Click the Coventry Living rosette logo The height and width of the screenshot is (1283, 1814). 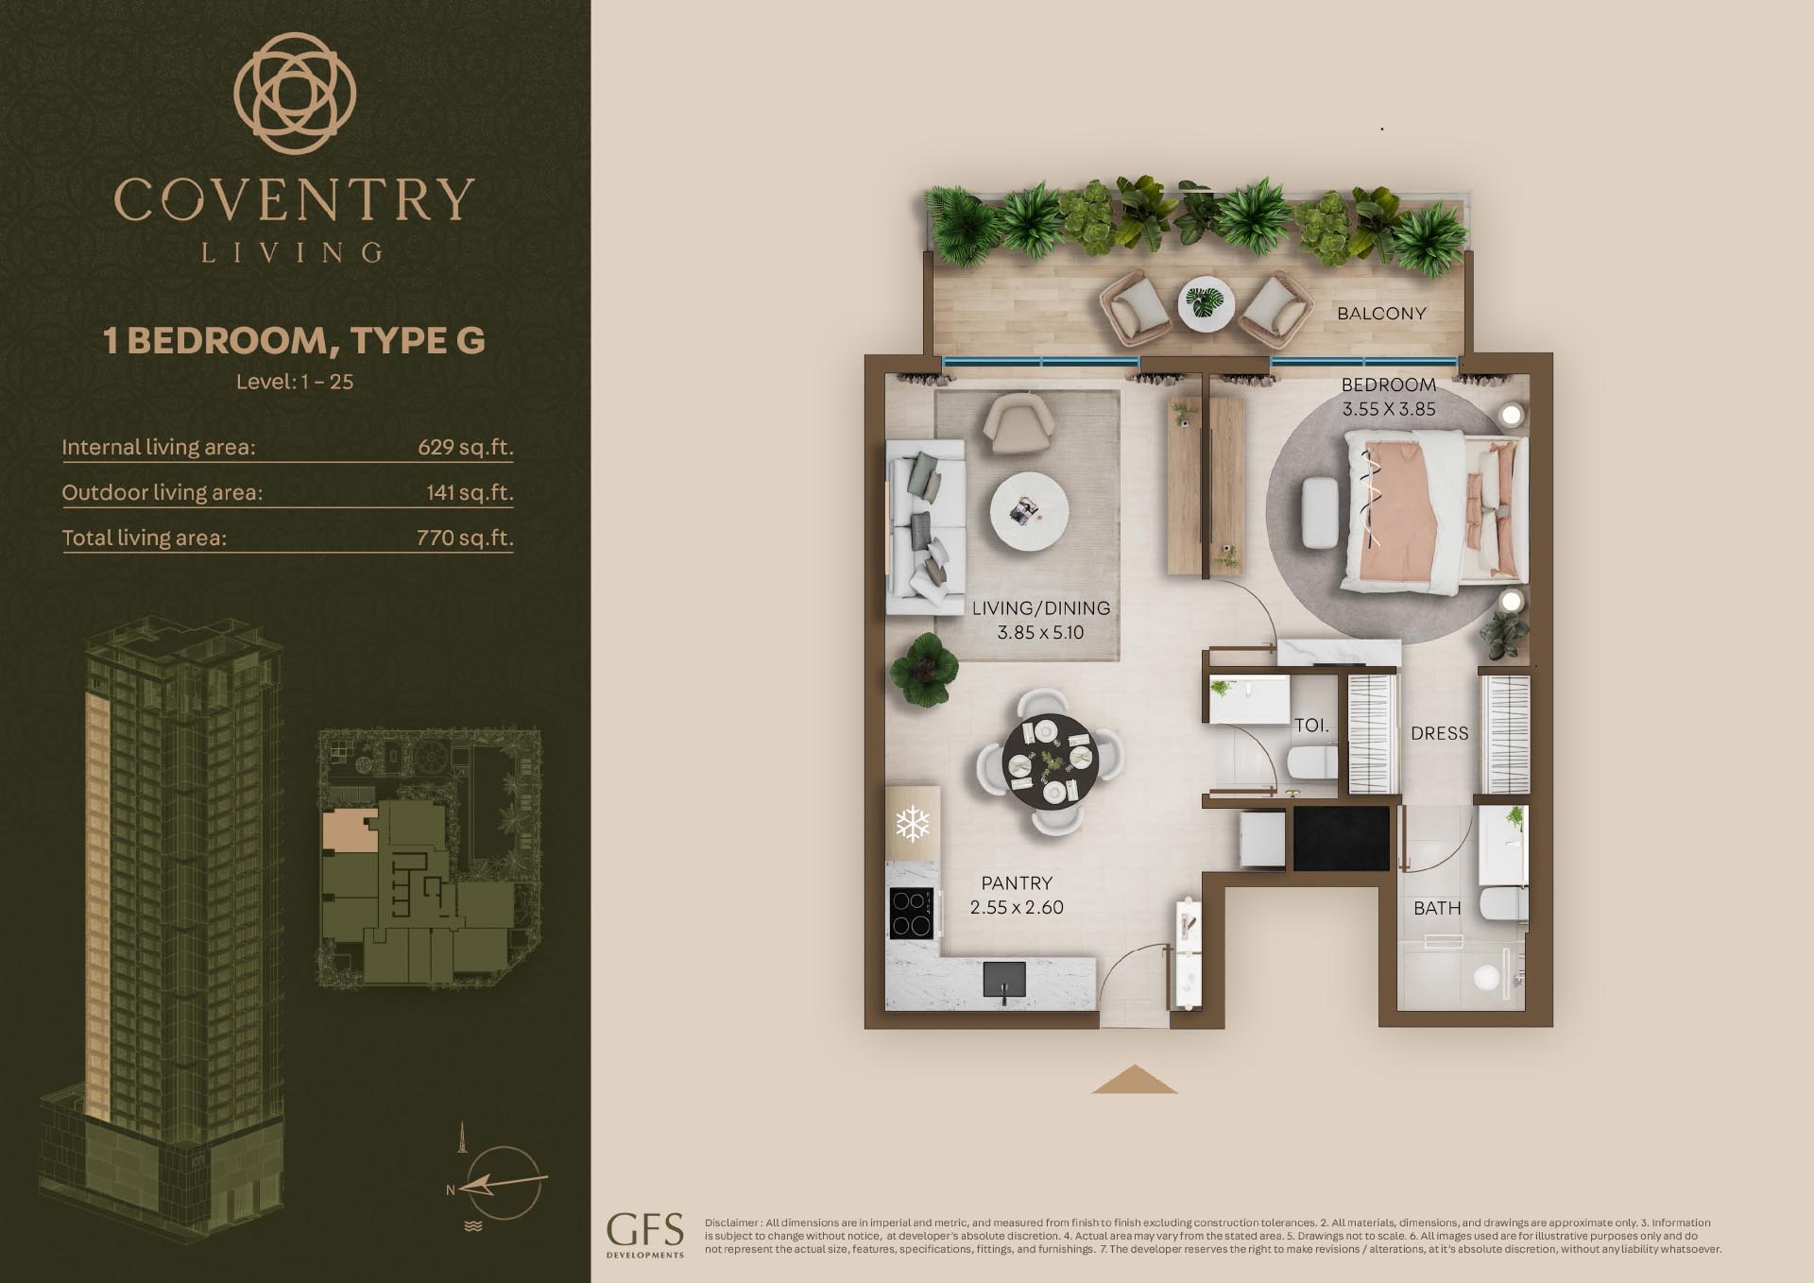point(295,93)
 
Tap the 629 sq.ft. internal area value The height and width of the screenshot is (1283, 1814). point(466,447)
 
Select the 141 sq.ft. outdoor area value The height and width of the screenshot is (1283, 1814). point(470,492)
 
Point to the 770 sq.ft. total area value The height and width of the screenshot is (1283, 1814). point(465,538)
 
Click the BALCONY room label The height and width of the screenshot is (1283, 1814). point(1381,314)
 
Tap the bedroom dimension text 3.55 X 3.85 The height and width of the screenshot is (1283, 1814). point(1389,409)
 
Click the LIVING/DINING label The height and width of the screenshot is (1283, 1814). point(1041,608)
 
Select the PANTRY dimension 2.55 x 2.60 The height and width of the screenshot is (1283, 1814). point(1017,908)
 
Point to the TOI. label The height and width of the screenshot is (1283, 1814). point(1311,726)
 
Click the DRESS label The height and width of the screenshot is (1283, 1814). point(1440,733)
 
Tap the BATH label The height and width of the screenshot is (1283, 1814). point(1437,908)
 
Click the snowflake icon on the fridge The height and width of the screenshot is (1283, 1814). point(913,823)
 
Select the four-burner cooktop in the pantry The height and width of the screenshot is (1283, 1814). point(913,913)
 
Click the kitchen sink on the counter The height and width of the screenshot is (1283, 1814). point(1004,979)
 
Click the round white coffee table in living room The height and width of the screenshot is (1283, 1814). point(1030,512)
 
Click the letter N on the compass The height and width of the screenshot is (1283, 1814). point(451,1190)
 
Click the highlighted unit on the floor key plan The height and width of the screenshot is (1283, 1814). point(351,830)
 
